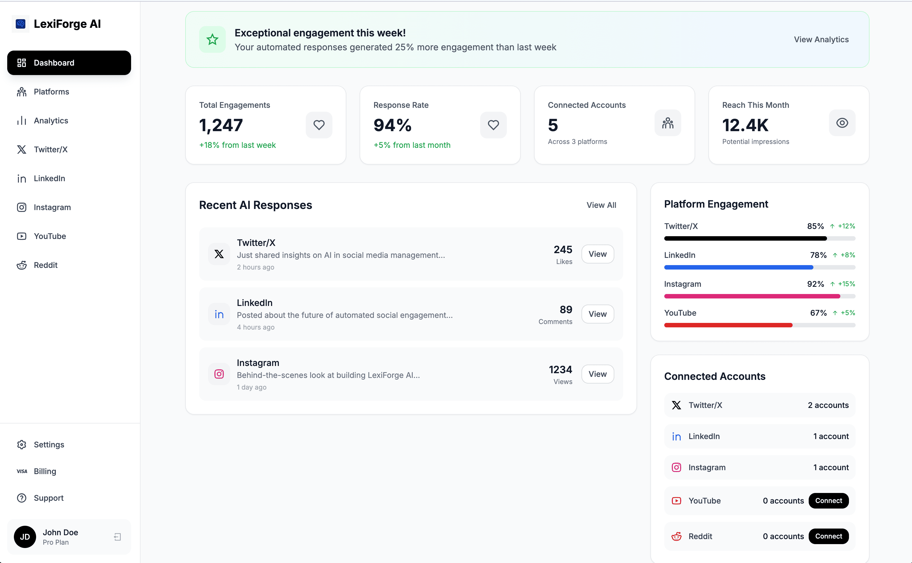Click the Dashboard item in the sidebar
69,63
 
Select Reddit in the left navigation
45,265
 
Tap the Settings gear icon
22,445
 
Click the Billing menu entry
45,471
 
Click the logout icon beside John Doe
117,537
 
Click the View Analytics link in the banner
821,39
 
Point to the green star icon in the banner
212,39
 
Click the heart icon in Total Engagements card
319,125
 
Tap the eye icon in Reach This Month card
842,123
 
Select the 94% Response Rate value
392,125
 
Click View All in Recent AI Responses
601,205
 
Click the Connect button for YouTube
828,501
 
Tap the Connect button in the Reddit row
828,536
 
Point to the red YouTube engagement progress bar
728,325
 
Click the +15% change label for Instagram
846,284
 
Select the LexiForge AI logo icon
21,24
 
